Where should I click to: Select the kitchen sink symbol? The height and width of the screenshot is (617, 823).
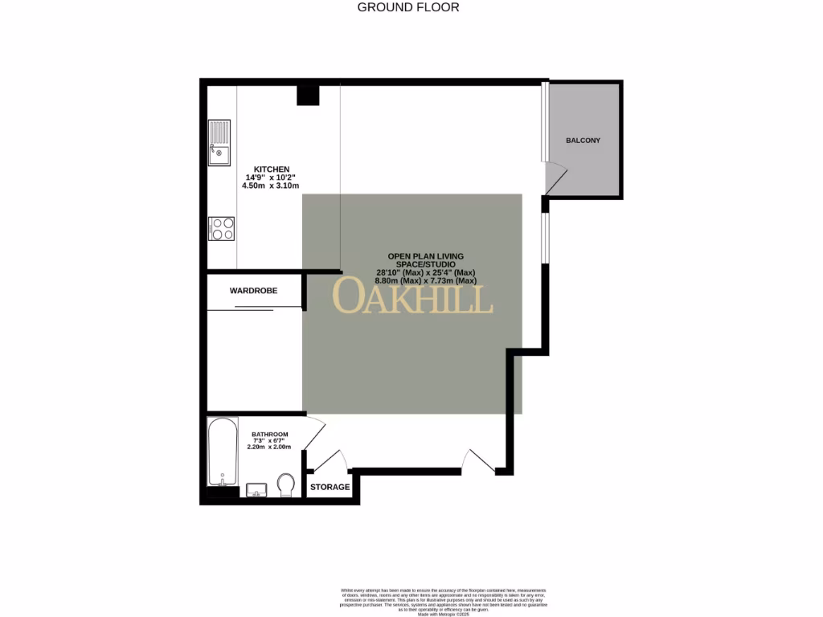pyautogui.click(x=219, y=142)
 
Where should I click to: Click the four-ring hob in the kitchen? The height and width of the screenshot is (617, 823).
pyautogui.click(x=222, y=229)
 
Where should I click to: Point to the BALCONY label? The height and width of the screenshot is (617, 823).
pyautogui.click(x=583, y=141)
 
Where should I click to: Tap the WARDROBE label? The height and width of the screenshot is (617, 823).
pyautogui.click(x=253, y=290)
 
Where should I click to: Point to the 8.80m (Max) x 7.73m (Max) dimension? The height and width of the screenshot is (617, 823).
pyautogui.click(x=426, y=281)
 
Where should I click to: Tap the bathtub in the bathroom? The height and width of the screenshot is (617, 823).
pyautogui.click(x=222, y=452)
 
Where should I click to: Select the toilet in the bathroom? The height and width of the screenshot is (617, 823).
pyautogui.click(x=285, y=485)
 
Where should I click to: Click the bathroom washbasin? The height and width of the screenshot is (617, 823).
pyautogui.click(x=257, y=489)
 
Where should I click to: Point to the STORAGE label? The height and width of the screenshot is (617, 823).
pyautogui.click(x=330, y=487)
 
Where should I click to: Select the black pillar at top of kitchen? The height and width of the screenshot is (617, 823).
pyautogui.click(x=308, y=95)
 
